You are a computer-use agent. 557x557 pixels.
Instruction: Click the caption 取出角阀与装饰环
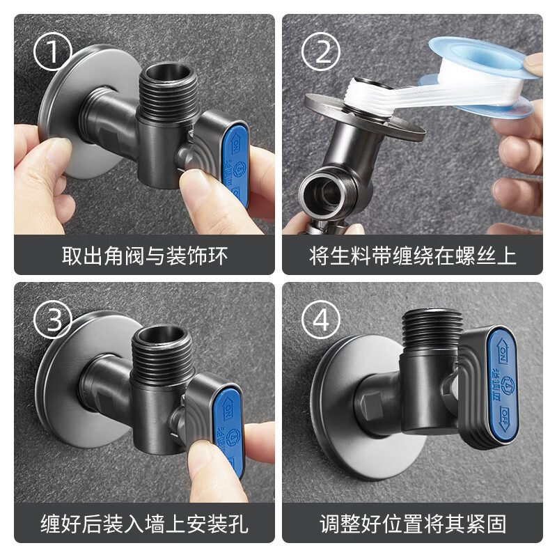click(x=144, y=255)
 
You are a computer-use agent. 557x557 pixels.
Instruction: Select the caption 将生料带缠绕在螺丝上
click(x=412, y=255)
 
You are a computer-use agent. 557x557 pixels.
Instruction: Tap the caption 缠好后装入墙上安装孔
click(x=144, y=523)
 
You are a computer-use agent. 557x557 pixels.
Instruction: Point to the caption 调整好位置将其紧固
click(x=412, y=523)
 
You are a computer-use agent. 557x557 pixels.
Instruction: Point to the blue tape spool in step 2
click(x=487, y=66)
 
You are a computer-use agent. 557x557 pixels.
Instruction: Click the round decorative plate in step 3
click(x=63, y=390)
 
